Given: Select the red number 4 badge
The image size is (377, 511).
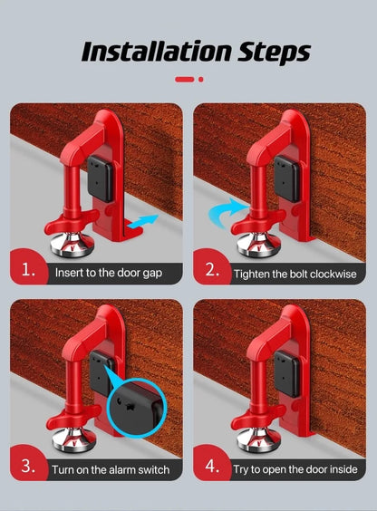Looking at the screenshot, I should [x=211, y=468].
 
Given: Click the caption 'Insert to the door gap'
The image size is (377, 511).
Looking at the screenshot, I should [x=109, y=272].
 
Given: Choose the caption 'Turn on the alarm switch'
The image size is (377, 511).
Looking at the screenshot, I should [x=111, y=468].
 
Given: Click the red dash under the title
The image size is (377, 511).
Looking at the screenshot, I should [x=184, y=79].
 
